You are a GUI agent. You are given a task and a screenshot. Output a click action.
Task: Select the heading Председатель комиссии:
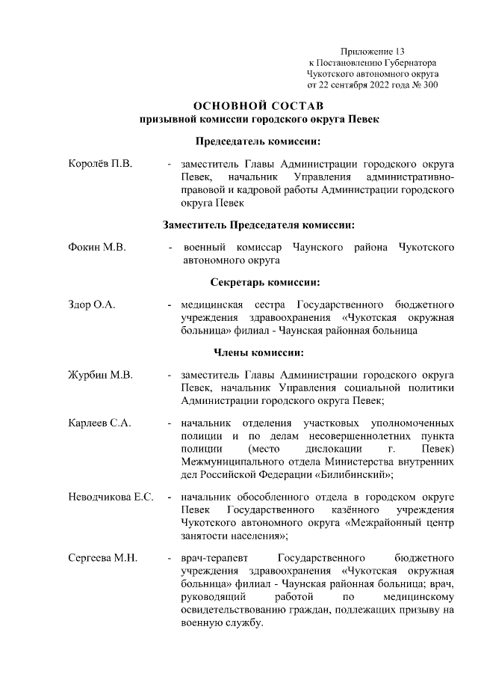[259, 141]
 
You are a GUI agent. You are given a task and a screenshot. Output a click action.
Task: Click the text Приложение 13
[371, 51]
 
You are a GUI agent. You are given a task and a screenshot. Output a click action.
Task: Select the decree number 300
[430, 85]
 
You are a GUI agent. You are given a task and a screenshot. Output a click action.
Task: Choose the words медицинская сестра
[229, 305]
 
